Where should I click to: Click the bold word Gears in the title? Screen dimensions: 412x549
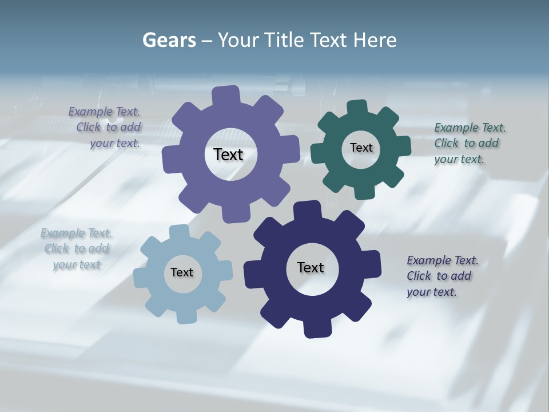pos(169,41)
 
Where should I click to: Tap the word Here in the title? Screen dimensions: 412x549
pos(375,41)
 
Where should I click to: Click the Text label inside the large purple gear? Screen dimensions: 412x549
pos(228,154)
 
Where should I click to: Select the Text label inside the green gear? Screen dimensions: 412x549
pos(361,148)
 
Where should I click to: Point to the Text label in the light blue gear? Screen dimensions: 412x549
pos(181,272)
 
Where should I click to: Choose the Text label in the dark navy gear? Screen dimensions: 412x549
pos(311,267)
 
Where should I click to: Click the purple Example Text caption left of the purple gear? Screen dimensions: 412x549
pos(105,127)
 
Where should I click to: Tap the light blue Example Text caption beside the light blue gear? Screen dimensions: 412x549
pos(76,249)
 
